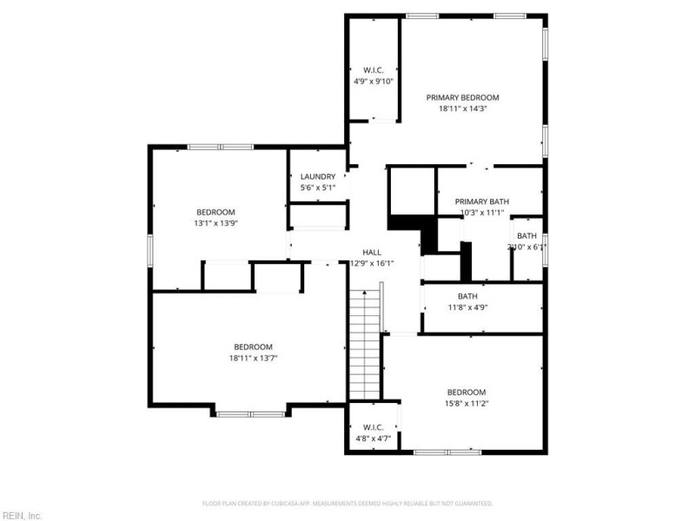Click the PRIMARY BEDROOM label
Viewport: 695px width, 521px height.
tap(462, 98)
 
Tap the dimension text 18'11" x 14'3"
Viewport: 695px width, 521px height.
tap(462, 109)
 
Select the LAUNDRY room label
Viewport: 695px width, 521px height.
tap(318, 176)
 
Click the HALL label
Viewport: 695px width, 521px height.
tap(372, 253)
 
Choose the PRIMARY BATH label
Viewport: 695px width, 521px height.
tap(480, 201)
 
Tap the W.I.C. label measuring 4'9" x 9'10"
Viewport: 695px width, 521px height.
tap(374, 70)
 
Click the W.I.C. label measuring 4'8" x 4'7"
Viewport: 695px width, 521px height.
tap(374, 427)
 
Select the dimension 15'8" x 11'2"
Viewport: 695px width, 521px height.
tap(467, 403)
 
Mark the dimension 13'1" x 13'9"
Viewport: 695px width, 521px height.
tap(215, 223)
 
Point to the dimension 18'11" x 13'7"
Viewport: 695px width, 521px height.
tap(253, 357)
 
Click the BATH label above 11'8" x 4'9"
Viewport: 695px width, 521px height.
tap(467, 296)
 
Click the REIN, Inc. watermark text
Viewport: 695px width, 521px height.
tap(23, 516)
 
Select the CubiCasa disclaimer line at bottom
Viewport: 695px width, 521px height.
tap(347, 503)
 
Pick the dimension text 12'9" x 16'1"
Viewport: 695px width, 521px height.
tap(372, 264)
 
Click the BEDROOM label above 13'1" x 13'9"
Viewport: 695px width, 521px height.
tap(215, 212)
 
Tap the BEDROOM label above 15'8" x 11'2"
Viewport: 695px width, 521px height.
tap(467, 392)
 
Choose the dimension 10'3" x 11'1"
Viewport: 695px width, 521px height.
tap(480, 213)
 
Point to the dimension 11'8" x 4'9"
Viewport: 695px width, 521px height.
tap(467, 307)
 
